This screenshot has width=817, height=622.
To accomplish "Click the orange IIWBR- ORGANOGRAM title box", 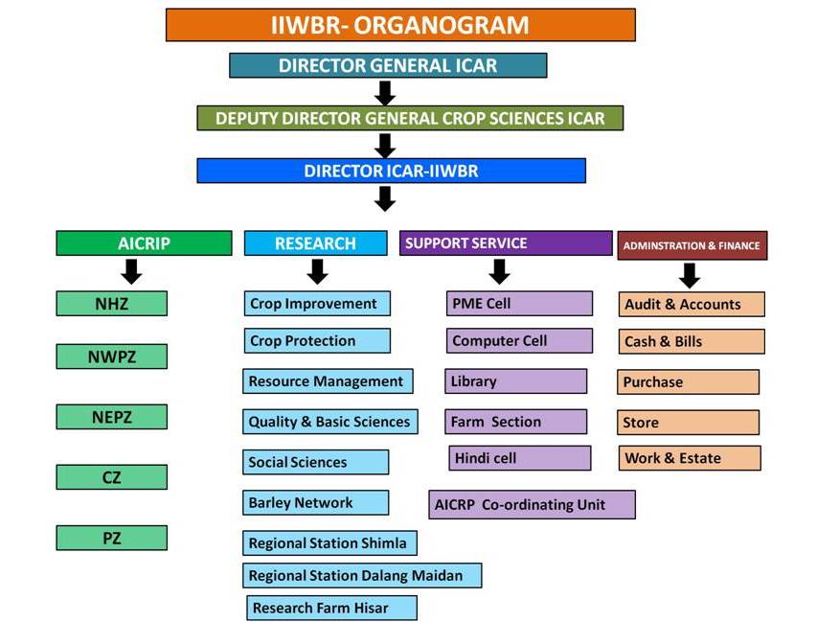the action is (x=400, y=25).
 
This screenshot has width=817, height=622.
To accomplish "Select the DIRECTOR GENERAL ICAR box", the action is (x=388, y=65).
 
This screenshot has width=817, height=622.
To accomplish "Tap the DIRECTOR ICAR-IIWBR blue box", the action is (x=391, y=171).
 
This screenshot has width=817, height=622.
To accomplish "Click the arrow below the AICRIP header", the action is (x=131, y=271).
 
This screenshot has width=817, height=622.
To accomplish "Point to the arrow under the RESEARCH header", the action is (x=317, y=271).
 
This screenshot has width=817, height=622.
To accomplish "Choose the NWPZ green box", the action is (x=111, y=357).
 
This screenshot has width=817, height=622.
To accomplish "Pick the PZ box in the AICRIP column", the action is (x=111, y=538).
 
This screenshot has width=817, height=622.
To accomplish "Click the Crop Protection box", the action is (x=317, y=340).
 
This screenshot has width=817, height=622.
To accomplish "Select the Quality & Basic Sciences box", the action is (x=329, y=422).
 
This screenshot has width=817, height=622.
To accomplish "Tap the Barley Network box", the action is (x=315, y=502).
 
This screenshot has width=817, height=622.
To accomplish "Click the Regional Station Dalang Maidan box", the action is (x=362, y=575).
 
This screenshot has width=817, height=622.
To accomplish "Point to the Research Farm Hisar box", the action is (x=332, y=608).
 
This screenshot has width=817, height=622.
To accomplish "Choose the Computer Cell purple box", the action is (x=519, y=340).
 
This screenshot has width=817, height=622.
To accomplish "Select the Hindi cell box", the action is (x=520, y=458).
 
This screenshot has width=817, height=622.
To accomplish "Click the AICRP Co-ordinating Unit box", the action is (x=532, y=504).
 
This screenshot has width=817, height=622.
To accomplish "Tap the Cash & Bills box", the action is (x=692, y=341).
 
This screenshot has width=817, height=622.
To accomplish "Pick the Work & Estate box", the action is (x=690, y=458).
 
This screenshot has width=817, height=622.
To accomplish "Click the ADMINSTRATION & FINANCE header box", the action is (x=692, y=245).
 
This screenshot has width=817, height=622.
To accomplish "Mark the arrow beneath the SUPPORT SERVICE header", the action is (x=500, y=271).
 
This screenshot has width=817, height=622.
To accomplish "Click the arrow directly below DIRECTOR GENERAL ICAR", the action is (x=385, y=93).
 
